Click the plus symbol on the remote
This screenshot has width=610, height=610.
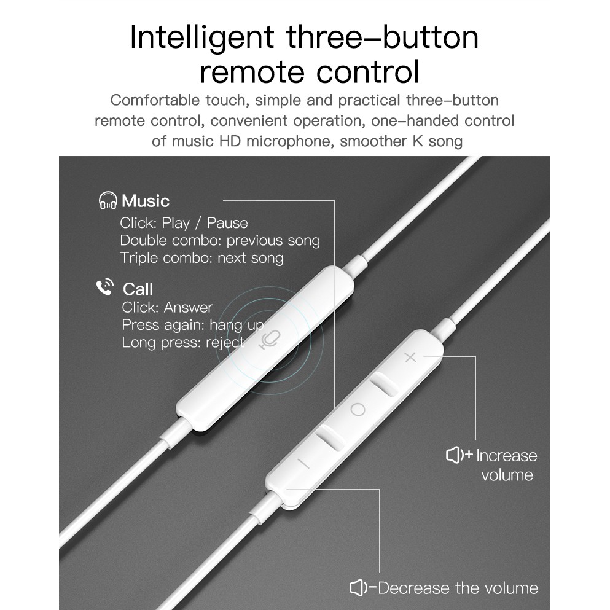click(x=410, y=358)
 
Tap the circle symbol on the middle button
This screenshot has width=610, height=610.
click(x=358, y=409)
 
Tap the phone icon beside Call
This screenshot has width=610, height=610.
click(x=105, y=287)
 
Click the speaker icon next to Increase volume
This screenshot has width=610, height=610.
click(x=458, y=455)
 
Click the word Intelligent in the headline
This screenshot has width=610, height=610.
click(x=203, y=37)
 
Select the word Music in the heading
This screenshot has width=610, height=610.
click(x=146, y=201)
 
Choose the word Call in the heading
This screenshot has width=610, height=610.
click(x=138, y=289)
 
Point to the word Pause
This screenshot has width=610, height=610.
click(x=227, y=223)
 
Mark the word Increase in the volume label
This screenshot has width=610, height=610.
click(x=507, y=455)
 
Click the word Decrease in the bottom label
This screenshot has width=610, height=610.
click(x=414, y=588)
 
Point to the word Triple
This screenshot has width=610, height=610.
click(x=139, y=257)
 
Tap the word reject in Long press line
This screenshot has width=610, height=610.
click(x=225, y=342)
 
